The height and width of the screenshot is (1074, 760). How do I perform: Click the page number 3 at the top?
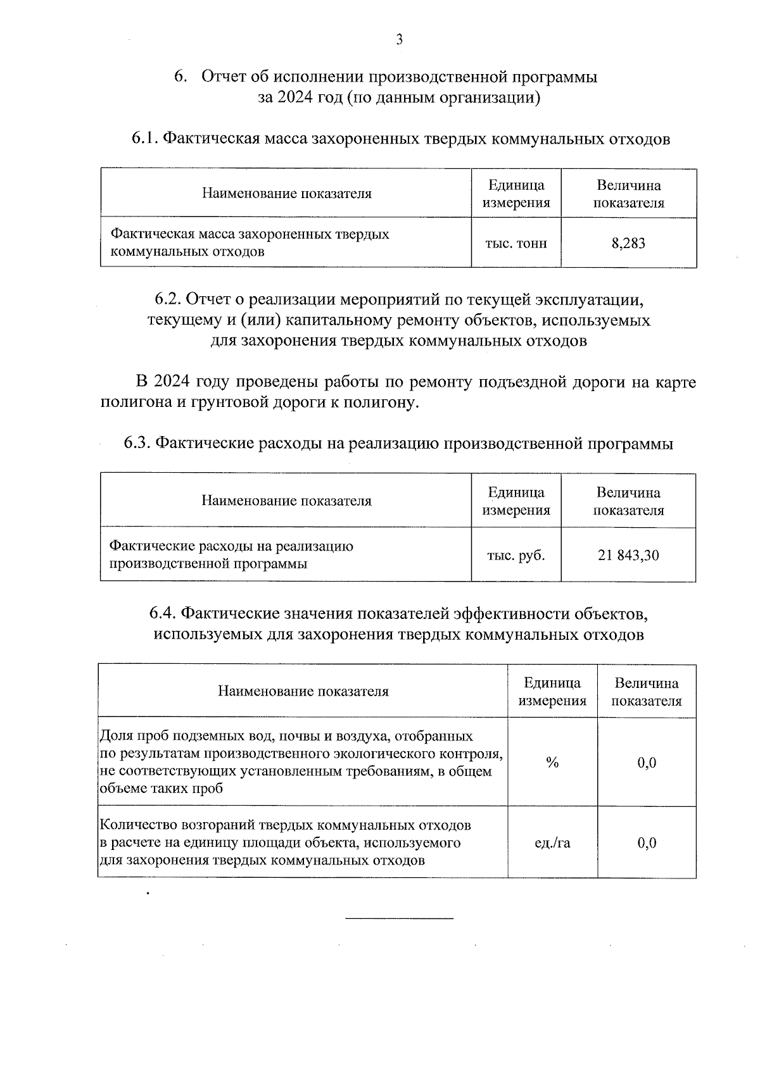pyautogui.click(x=399, y=40)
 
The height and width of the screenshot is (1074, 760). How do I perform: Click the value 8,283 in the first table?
pyautogui.click(x=628, y=243)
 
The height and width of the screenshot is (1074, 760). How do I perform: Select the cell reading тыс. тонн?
pyautogui.click(x=516, y=243)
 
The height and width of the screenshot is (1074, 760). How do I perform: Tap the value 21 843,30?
pyautogui.click(x=628, y=555)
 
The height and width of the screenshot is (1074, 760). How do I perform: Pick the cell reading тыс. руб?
pyautogui.click(x=516, y=555)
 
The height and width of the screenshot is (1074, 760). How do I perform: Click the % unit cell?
pyautogui.click(x=552, y=763)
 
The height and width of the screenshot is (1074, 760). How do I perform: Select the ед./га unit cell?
pyautogui.click(x=552, y=842)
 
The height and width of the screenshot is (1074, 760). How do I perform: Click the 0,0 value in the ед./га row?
pyautogui.click(x=647, y=842)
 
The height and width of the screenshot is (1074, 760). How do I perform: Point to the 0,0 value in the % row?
pyautogui.click(x=647, y=763)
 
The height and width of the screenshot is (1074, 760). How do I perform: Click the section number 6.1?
pyautogui.click(x=144, y=139)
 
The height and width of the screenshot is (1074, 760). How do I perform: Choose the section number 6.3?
pyautogui.click(x=137, y=443)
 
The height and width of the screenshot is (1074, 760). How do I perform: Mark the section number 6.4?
pyautogui.click(x=163, y=613)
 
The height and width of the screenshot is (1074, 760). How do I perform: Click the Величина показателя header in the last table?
pyautogui.click(x=647, y=692)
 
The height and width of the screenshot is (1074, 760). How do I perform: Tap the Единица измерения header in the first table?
pyautogui.click(x=516, y=194)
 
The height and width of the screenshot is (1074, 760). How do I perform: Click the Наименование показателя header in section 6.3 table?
pyautogui.click(x=286, y=501)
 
